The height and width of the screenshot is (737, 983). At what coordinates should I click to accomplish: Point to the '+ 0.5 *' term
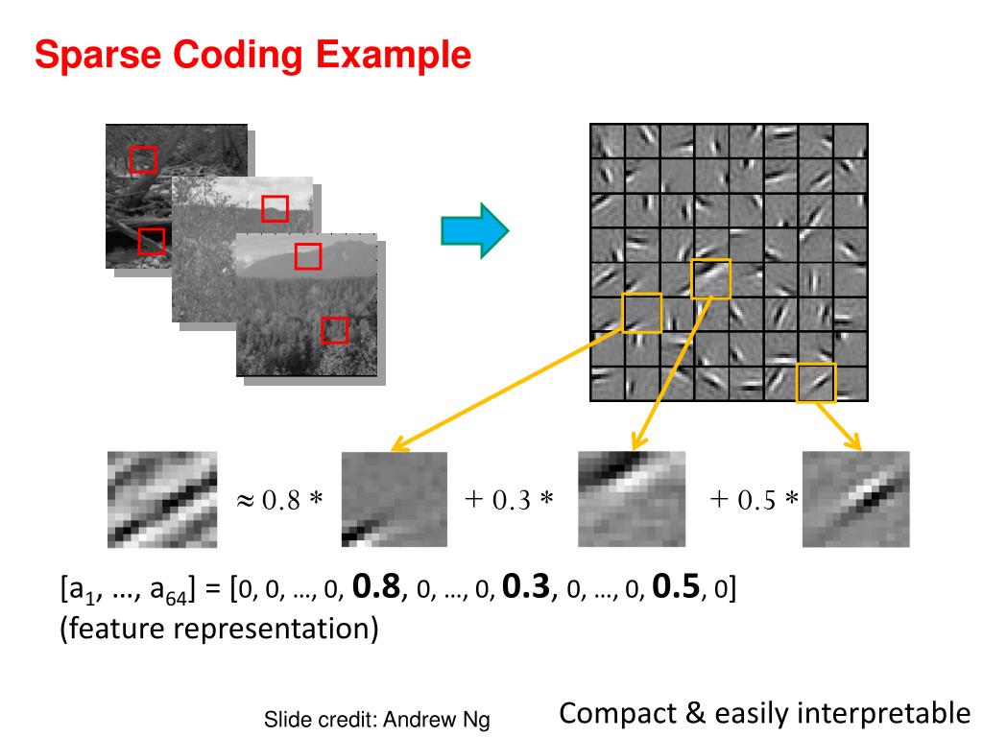coord(754,500)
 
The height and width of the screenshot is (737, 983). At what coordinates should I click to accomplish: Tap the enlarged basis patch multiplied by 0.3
coord(632,499)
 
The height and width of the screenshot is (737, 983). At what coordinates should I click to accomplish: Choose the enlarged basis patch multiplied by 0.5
coord(856,499)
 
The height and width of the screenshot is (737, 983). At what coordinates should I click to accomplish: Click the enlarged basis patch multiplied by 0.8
coord(395,499)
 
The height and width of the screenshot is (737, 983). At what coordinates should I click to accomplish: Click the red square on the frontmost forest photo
coord(334,330)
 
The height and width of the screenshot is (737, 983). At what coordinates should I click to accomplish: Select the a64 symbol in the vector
coord(169,590)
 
